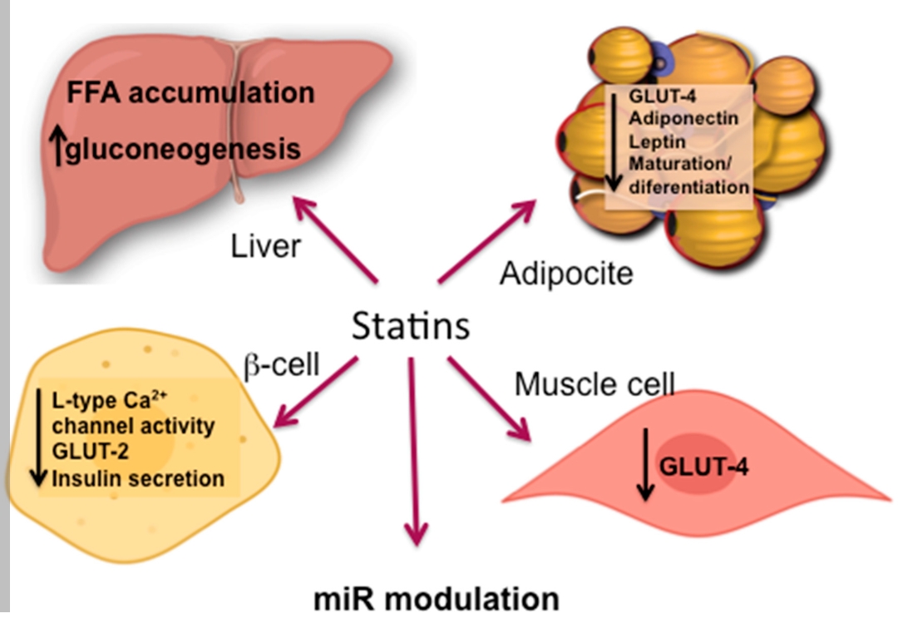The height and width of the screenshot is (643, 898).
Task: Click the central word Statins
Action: [x=411, y=326]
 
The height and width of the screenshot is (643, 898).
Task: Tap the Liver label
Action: [x=264, y=245]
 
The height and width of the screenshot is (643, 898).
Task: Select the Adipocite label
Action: [x=565, y=273]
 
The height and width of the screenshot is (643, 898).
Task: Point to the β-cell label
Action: [x=282, y=364]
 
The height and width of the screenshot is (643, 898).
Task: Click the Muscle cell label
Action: [x=594, y=383]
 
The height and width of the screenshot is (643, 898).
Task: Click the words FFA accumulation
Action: [x=191, y=92]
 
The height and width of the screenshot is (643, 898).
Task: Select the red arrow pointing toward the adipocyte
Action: [x=487, y=242]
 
